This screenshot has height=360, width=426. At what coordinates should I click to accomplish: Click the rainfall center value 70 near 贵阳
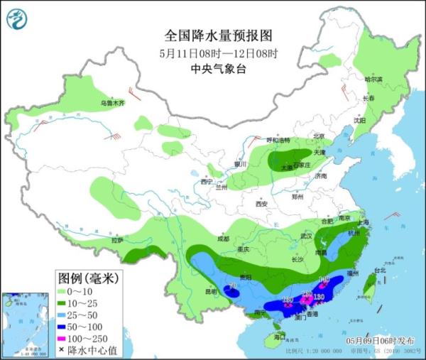coord(232,287)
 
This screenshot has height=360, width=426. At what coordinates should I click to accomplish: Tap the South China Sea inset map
coord(25,324)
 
